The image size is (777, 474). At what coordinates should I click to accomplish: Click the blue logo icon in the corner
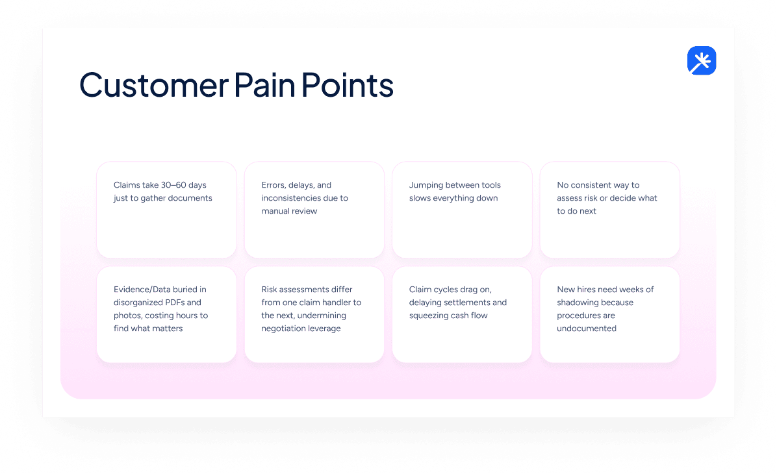point(701,61)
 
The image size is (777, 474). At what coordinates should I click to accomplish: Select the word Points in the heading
point(348,85)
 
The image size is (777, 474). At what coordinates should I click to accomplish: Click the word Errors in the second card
point(274,185)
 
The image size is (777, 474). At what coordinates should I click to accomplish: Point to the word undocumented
point(587,329)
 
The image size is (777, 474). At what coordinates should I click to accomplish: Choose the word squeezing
point(430,316)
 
